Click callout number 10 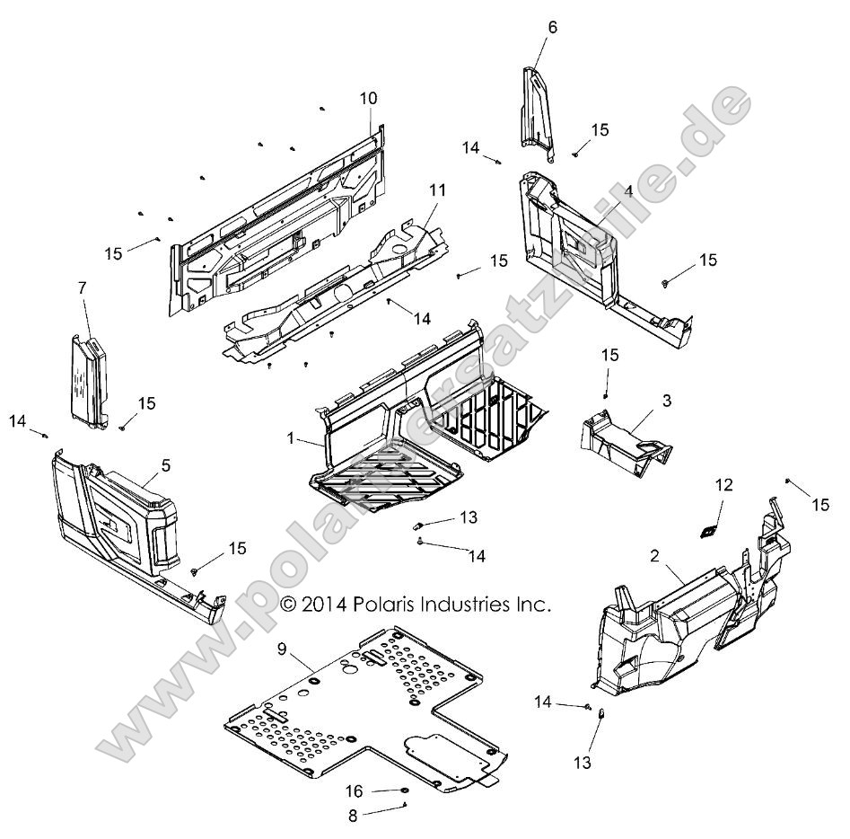click(x=369, y=98)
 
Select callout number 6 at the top click(x=552, y=27)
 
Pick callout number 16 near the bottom click(x=355, y=791)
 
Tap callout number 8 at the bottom click(x=353, y=817)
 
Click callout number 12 click(x=723, y=485)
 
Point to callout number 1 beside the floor click(x=291, y=437)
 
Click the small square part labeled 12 click(x=708, y=531)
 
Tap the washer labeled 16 click(x=405, y=790)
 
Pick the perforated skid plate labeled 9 click(x=359, y=710)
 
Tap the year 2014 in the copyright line click(x=323, y=605)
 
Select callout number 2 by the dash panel click(x=655, y=558)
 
